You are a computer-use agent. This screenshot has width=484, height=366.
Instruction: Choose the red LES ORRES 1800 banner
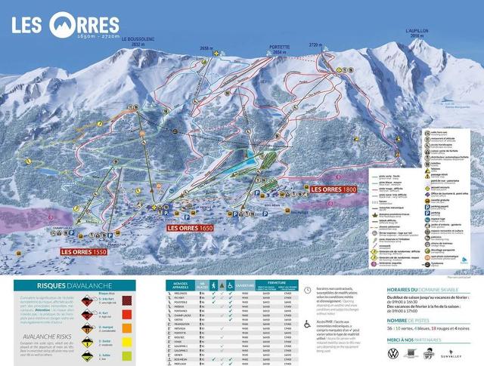tap(333, 189)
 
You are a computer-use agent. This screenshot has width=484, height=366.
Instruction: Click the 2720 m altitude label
tap(315, 46)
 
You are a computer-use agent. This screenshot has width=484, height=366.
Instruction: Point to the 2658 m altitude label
tap(208, 47)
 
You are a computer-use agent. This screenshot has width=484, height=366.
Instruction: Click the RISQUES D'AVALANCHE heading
tap(76, 286)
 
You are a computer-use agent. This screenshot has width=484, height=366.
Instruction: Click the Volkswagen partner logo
tap(392, 353)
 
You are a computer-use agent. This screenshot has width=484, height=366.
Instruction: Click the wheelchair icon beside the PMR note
tap(307, 324)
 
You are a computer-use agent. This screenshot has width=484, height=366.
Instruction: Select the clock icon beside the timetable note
tap(307, 290)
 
